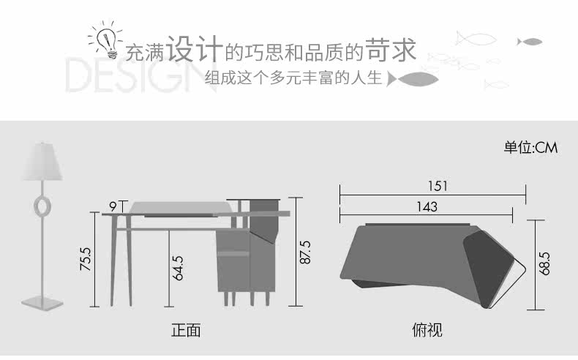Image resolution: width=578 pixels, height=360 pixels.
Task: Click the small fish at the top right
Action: [530, 41]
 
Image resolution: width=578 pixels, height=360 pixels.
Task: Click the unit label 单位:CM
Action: [530, 149]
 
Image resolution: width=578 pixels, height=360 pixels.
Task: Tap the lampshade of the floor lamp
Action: [42, 161]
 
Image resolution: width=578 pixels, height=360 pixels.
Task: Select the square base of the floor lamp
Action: [42, 301]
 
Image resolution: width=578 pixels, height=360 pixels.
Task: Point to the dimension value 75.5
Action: [86, 259]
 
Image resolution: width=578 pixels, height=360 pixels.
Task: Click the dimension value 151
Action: [438, 187]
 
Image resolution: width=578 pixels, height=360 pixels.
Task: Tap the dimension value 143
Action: [427, 207]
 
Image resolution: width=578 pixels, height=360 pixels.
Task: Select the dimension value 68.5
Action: [544, 262]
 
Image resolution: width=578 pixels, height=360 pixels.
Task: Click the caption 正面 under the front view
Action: [185, 330]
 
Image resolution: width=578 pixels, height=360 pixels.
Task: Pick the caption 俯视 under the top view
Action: [427, 330]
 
